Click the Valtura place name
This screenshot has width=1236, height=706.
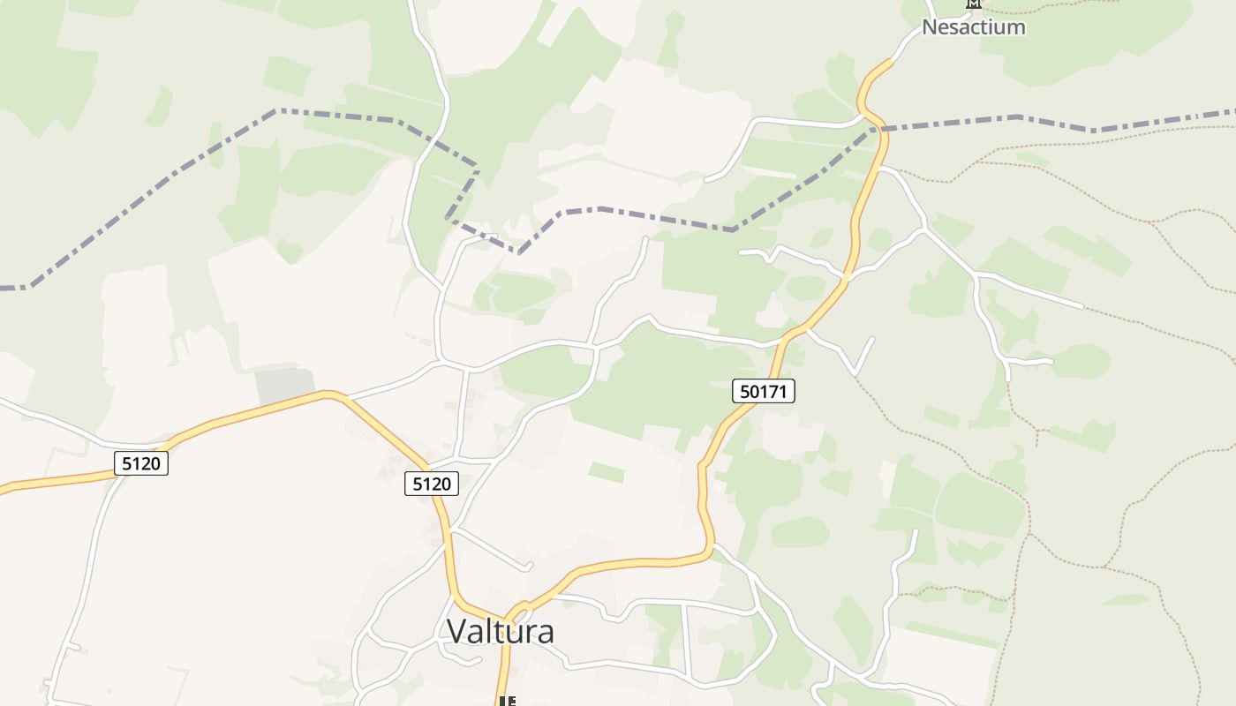coord(501,632)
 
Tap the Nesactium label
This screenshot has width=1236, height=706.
coord(973,27)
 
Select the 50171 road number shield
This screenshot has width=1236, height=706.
coord(764,391)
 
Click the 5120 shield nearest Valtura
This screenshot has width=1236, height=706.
coord(432,484)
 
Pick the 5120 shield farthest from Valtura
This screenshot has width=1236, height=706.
coord(141,463)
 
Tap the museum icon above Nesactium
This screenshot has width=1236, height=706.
coord(973,4)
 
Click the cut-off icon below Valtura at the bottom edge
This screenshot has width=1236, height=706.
coord(507,702)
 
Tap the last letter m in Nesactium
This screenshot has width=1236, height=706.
coord(1017,28)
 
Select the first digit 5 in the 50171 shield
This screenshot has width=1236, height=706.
coord(744,391)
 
